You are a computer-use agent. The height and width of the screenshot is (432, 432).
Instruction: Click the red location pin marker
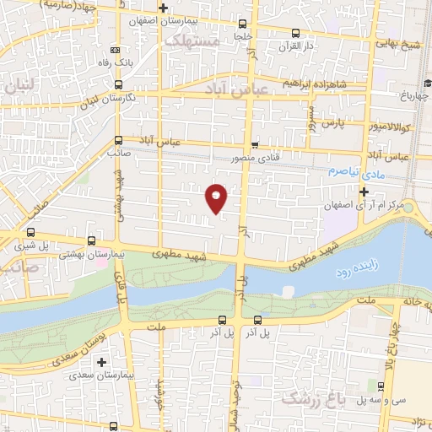coord(217,199)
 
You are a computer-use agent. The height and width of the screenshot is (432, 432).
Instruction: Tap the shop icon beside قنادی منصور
coord(254,143)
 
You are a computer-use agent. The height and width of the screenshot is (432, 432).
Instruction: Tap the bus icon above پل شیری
coord(31,233)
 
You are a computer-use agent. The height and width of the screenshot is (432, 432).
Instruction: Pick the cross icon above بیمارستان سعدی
coord(101,361)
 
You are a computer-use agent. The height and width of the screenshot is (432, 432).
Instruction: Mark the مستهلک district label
coord(192,40)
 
